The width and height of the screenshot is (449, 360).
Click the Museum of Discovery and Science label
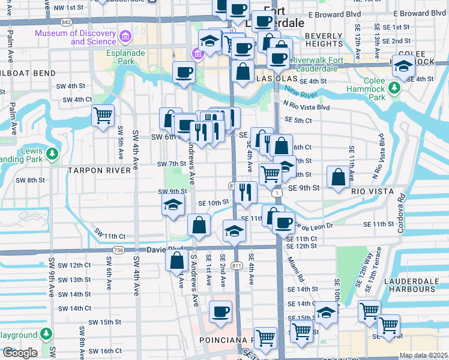click(x=76, y=37)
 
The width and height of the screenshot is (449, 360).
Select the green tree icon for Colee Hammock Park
click(x=394, y=89)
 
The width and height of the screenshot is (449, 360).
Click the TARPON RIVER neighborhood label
click(x=98, y=170)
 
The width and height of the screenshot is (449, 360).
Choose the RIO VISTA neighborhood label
click(x=372, y=191)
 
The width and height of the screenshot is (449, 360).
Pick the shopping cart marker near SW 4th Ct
click(x=103, y=115)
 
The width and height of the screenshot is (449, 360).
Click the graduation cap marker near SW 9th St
click(x=172, y=205)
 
